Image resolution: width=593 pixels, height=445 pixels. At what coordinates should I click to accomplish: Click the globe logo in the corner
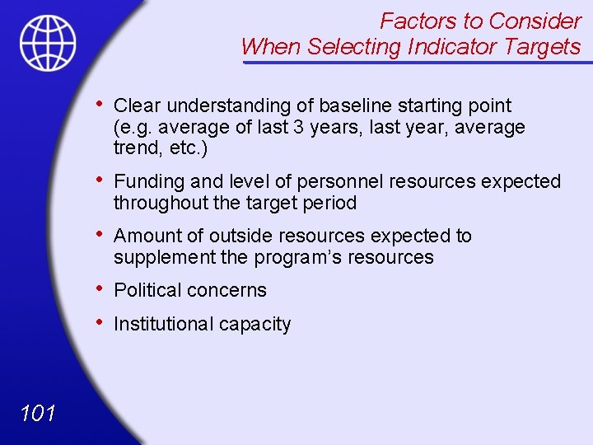click(x=49, y=42)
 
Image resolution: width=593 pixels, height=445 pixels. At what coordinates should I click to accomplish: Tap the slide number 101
click(x=36, y=413)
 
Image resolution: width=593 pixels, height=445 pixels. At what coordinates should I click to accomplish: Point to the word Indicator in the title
click(x=452, y=47)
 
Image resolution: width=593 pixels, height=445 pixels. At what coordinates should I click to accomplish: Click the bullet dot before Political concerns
click(x=99, y=288)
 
